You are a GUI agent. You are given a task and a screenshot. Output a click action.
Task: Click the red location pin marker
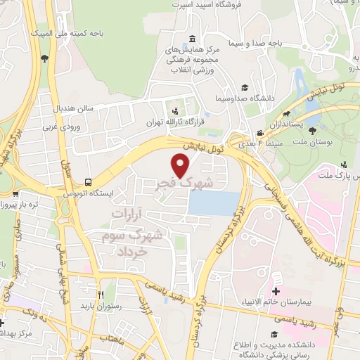tap(181, 165)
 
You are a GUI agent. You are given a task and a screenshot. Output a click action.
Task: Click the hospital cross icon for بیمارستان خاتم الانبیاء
tap(276, 291)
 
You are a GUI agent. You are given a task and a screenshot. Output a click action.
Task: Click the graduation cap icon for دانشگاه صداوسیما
tap(245, 87)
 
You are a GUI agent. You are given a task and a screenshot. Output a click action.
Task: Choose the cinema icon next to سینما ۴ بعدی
tap(260, 133)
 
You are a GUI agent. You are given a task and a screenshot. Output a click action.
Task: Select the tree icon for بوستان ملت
tap(312, 130)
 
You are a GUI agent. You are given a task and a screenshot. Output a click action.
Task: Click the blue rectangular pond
tap(214, 204)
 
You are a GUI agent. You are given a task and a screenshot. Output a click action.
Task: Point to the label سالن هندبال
tap(75, 110)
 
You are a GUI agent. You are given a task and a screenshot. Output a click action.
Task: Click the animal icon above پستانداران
tap(287, 113)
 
